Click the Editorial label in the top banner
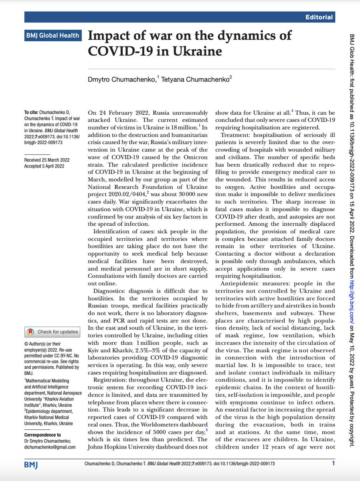pos(319,17)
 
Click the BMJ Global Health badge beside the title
pos(52,35)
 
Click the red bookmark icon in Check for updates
pos(30,331)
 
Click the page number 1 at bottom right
pos(334,464)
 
